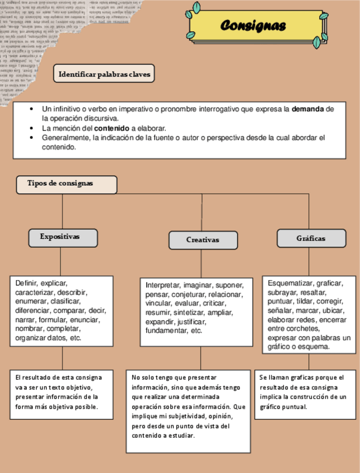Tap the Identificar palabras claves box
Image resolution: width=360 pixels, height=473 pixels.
[104, 74]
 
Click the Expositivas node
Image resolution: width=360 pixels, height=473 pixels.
[63, 237]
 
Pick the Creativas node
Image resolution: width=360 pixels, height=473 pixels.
[203, 240]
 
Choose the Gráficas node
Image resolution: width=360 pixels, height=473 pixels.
[311, 238]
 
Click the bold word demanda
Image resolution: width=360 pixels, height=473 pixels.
[308, 109]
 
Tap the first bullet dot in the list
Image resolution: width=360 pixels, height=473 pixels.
[31, 109]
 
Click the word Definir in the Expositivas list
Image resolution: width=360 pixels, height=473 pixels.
[26, 283]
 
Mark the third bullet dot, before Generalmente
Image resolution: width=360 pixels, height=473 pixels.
[31, 137]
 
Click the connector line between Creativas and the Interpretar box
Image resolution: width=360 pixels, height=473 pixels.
[203, 262]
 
